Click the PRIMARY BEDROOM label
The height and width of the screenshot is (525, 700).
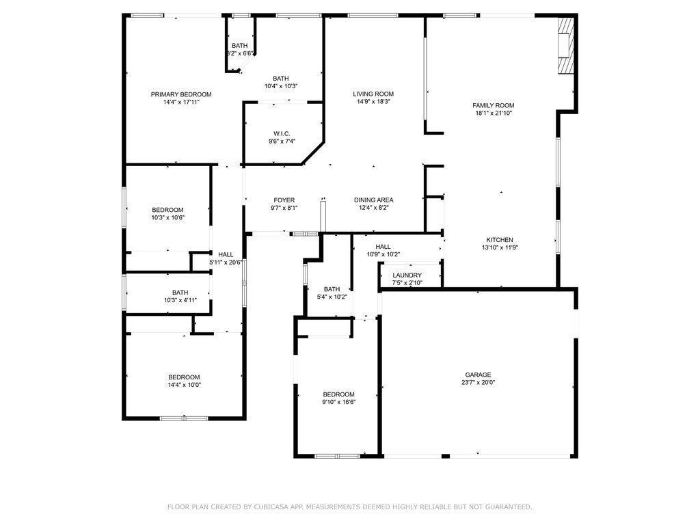(181, 94)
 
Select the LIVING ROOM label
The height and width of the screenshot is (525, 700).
(373, 94)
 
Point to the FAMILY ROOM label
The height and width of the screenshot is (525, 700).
(493, 105)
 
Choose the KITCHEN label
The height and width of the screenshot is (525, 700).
(499, 240)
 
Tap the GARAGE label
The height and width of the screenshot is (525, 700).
(479, 375)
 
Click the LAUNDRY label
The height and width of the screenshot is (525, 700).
(407, 275)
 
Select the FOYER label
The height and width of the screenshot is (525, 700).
(284, 200)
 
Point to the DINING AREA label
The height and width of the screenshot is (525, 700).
(373, 200)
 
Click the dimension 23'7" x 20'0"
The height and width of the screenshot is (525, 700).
(479, 383)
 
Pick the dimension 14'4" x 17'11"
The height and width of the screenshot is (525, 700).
(181, 102)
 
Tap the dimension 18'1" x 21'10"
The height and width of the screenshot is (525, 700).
(493, 113)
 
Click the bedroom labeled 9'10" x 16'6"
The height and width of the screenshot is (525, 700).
(338, 394)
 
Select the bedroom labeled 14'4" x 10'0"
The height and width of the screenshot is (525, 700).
(185, 377)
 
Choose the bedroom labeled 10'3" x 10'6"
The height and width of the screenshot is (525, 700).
(167, 210)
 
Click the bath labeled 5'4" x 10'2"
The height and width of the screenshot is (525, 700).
(332, 289)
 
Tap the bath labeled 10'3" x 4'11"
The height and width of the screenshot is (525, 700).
(180, 293)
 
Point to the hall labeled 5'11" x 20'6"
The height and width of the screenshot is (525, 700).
(226, 254)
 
